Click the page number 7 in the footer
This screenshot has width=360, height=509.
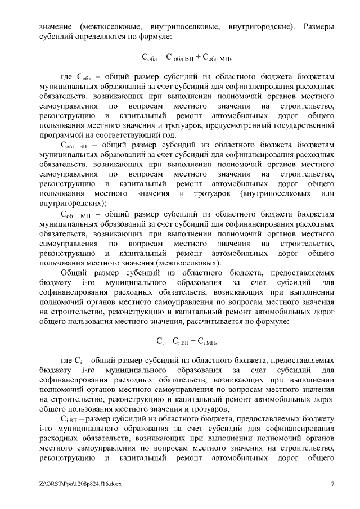click(x=333, y=484)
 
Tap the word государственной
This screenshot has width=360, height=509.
click(x=304, y=125)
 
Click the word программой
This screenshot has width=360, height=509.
click(x=61, y=135)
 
